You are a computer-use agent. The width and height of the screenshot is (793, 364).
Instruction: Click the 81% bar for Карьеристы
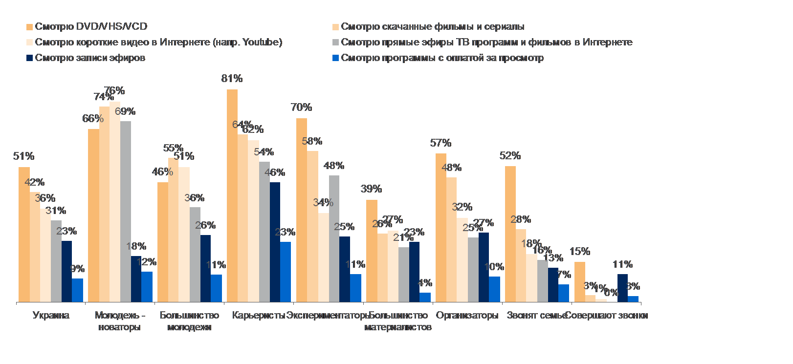coord(232,195)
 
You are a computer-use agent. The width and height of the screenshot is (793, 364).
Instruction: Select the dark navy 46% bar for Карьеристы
coord(275,242)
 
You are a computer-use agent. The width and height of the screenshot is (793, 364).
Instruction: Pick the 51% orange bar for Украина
coord(24,235)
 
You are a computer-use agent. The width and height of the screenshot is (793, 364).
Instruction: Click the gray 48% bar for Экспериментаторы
coord(334,238)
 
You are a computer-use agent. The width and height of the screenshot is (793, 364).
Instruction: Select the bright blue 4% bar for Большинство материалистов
coord(425,297)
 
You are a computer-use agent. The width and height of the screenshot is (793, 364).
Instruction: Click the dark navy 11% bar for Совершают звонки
coord(622,288)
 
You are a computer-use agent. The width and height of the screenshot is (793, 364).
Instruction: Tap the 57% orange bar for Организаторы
coord(441,228)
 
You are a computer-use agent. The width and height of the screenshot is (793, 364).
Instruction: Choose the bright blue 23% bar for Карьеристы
coord(286,272)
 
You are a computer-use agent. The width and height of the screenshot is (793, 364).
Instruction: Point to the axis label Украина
coord(51,316)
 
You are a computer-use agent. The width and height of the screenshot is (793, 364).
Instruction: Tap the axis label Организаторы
coord(467,316)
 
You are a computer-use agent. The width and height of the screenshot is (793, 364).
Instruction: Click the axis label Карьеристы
coord(258,316)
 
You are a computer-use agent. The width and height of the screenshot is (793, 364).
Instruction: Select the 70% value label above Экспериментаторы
coord(301,107)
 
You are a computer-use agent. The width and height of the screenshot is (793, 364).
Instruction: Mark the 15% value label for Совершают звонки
coord(579,252)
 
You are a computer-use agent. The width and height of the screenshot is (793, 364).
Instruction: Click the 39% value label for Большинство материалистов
coord(371,189)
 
